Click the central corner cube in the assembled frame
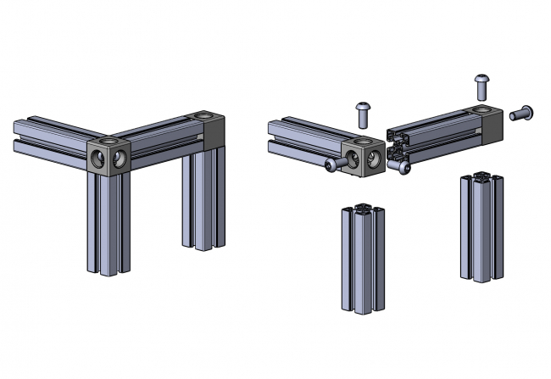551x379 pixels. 109,156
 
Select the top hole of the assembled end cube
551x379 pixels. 203,114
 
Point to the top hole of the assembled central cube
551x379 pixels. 108,141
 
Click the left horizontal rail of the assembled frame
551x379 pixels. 51,136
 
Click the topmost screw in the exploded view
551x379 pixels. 484,84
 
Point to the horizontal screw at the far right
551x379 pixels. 521,111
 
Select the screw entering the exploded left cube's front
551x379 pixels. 336,164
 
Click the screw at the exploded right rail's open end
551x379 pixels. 405,169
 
